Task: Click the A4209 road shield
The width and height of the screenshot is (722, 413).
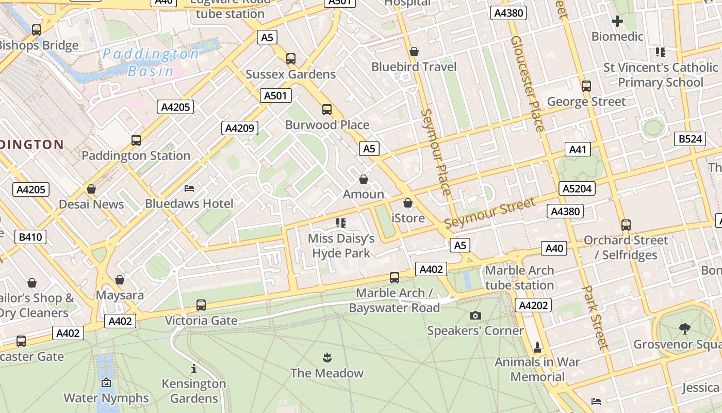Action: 240,128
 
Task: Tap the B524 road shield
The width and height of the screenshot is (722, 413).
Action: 690,139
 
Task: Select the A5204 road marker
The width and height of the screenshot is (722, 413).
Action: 577,188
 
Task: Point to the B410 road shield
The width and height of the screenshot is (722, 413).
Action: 31,237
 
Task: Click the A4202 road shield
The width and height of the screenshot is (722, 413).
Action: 533,305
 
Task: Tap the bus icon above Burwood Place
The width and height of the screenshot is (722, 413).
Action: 326,109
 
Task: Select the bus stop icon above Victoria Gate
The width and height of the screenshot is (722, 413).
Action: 201,305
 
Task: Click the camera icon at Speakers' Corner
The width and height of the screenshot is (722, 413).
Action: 475,315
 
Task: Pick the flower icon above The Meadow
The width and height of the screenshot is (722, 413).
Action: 326,358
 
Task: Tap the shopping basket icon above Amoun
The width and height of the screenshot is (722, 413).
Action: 364,179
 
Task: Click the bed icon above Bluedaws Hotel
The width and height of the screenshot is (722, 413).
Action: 189,188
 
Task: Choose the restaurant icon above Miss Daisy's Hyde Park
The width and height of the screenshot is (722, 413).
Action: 340,223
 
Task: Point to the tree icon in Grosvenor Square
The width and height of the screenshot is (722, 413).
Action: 684,328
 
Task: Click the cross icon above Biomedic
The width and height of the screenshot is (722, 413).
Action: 617,21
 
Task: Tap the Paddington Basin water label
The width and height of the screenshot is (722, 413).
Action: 150,62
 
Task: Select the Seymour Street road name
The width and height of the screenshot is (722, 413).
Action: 490,213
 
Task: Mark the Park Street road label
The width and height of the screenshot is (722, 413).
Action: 596,317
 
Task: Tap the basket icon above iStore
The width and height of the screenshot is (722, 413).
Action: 408,203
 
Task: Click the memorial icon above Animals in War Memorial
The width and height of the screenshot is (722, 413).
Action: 537,347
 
